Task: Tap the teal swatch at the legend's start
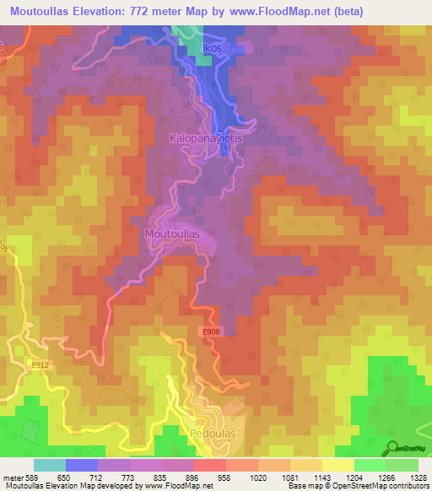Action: (x=49, y=465)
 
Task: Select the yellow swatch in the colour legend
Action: (x=337, y=465)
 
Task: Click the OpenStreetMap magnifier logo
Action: (x=394, y=447)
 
